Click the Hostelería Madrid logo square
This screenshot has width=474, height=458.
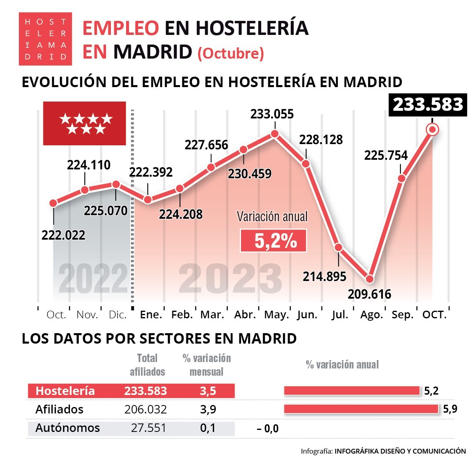tap(45, 39)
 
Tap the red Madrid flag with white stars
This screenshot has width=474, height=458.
tap(85, 123)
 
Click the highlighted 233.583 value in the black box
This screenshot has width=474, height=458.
tap(428, 105)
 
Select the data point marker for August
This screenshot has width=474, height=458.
tap(370, 279)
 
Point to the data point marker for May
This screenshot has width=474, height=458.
tap(275, 134)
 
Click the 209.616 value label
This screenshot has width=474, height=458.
tap(369, 294)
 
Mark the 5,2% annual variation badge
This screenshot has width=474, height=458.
tap(274, 241)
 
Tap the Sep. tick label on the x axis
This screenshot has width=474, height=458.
tap(402, 315)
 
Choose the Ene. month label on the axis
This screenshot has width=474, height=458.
tap(151, 315)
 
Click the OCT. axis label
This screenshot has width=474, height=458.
tap(434, 315)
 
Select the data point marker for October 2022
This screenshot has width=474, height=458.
tap(53, 203)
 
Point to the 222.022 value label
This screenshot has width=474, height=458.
tap(63, 235)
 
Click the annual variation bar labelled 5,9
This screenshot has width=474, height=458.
tap(361, 409)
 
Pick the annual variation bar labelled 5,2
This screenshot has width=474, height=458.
tap(351, 391)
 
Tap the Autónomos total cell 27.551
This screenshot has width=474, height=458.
tap(148, 428)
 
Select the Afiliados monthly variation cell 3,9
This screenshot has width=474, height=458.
tap(208, 409)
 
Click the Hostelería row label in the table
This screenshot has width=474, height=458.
tap(65, 391)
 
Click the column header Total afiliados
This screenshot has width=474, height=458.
tap(147, 365)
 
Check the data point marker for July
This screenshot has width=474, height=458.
tap(338, 247)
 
